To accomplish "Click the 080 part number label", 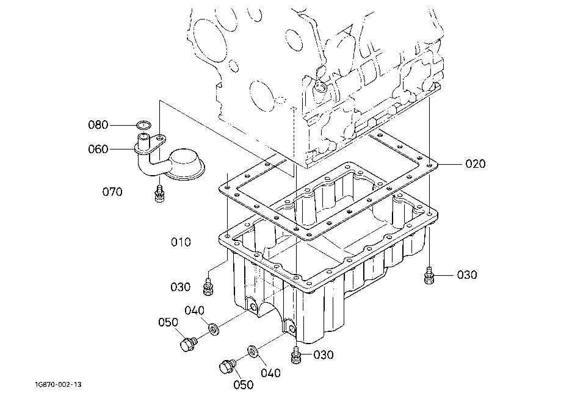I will pos(98,125).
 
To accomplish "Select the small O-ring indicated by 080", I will pos(143,126).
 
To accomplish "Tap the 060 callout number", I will pos(98,149).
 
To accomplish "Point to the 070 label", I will pos(112,192).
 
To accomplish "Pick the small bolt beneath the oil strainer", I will pos(159,193).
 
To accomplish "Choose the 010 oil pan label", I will pos(180,242).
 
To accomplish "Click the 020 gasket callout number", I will pos(476,164).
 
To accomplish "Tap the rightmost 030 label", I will pos(467,275).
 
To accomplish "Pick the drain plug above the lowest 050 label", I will pos(226,366).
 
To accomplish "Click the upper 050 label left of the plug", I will pos(168,322).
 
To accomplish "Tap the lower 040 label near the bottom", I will pos(270,373).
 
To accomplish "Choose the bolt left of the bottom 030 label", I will pos(296,355).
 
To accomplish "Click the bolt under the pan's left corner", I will pos(209,285).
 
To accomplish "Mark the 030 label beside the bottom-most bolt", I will pos(324,355).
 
